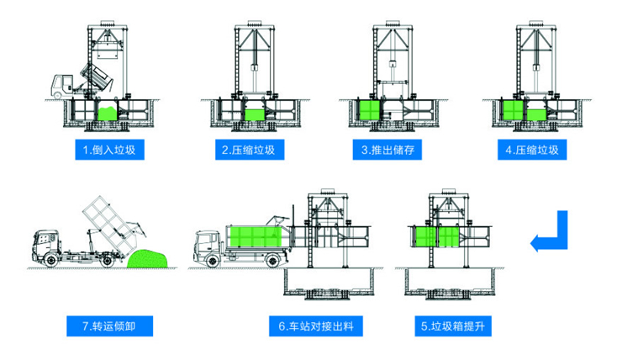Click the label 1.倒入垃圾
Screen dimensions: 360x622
point(111,151)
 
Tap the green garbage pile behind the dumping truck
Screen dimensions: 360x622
point(150,259)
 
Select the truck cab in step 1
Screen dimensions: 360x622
point(61,85)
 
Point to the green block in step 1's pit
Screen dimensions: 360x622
point(107,111)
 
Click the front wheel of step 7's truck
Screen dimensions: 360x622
point(54,262)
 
